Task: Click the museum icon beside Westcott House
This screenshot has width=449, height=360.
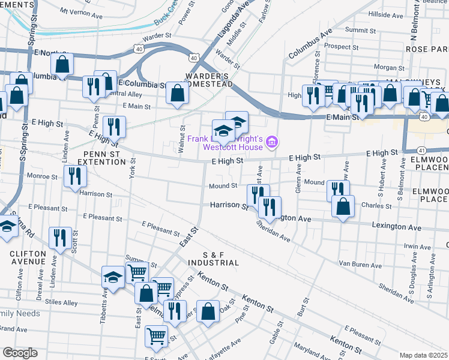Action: [272, 142]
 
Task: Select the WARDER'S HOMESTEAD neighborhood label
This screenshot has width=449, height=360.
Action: [208, 80]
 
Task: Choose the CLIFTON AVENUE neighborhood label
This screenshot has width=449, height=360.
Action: [28, 257]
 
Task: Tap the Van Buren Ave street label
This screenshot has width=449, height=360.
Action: [360, 264]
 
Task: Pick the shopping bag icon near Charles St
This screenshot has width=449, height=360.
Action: [343, 207]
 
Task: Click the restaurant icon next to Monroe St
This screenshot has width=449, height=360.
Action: [76, 176]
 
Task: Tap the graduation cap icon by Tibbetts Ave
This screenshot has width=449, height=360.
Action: [112, 277]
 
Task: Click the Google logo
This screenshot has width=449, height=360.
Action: [20, 352]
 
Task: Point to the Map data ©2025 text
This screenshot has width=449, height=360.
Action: [424, 355]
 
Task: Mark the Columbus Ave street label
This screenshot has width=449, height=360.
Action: [310, 44]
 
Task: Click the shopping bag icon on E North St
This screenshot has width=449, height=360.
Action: [62, 64]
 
